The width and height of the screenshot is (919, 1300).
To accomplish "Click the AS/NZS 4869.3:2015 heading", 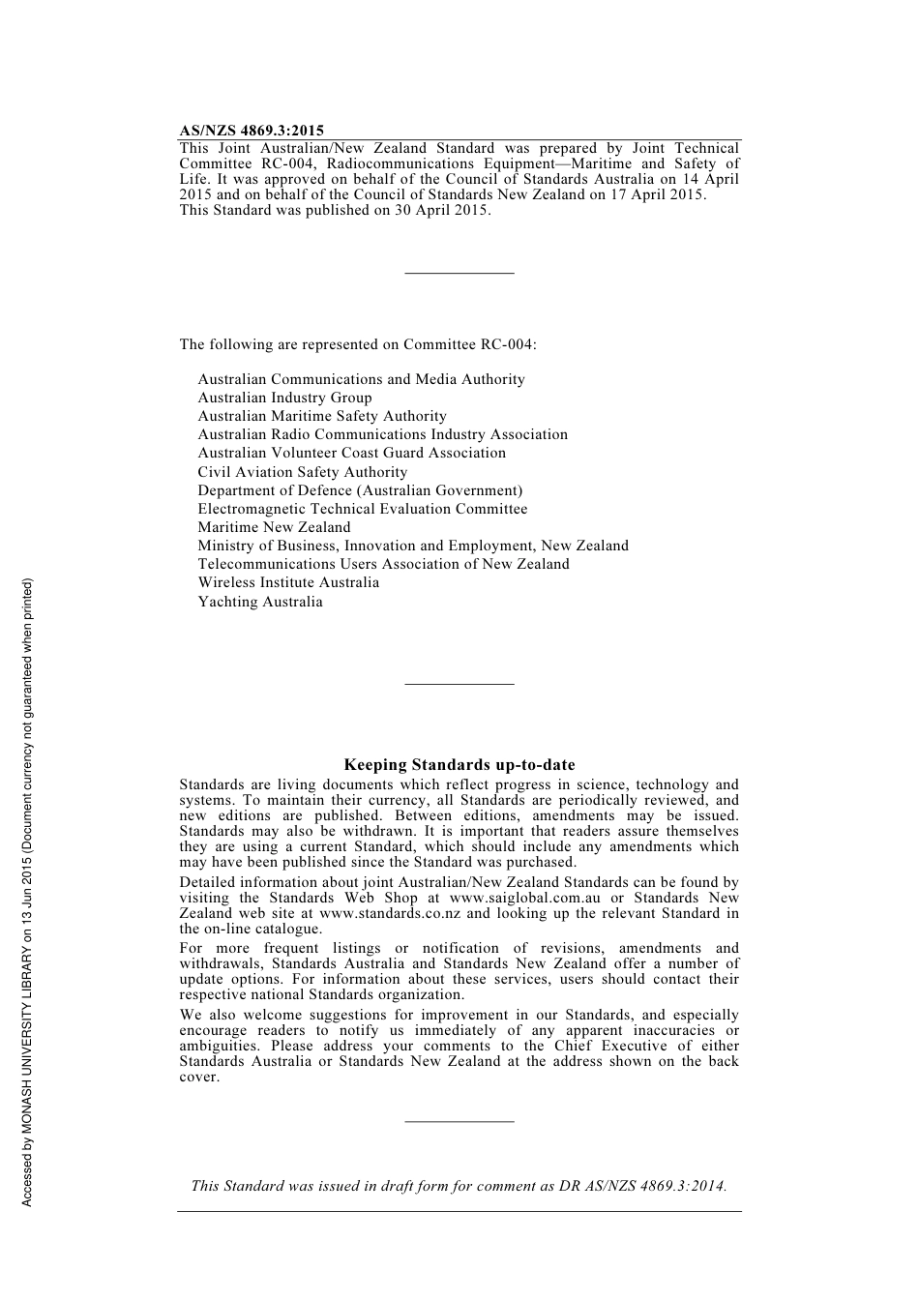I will [x=252, y=131].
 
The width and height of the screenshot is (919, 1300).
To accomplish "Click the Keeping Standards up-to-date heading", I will [x=459, y=765].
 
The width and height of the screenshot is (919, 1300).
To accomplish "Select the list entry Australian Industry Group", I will [x=284, y=398].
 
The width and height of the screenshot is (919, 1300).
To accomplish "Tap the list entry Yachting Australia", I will [x=260, y=602].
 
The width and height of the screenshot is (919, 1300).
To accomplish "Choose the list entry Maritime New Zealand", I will [x=274, y=527].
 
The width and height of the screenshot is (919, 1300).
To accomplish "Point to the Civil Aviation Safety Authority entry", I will [x=303, y=472].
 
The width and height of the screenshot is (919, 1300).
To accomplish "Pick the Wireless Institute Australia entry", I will [x=288, y=582].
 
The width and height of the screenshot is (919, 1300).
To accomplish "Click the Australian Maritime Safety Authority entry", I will [x=322, y=416].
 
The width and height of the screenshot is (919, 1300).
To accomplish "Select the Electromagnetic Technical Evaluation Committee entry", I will [x=363, y=509].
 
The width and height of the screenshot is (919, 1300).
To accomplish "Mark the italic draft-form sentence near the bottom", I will [x=459, y=1186].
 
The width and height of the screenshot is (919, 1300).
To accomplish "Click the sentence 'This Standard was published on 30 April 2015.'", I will [x=335, y=210].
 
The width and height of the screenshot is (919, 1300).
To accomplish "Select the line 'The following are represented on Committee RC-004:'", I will [x=358, y=344].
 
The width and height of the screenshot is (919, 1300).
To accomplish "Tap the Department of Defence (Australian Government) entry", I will [x=360, y=490].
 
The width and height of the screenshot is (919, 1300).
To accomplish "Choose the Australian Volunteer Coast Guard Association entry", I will [x=351, y=453].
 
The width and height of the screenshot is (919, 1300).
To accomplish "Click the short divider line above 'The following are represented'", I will [x=459, y=274].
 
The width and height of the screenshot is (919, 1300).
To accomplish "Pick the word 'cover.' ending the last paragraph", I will [x=199, y=1077].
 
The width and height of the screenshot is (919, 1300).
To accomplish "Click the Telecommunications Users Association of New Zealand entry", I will [x=383, y=564].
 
